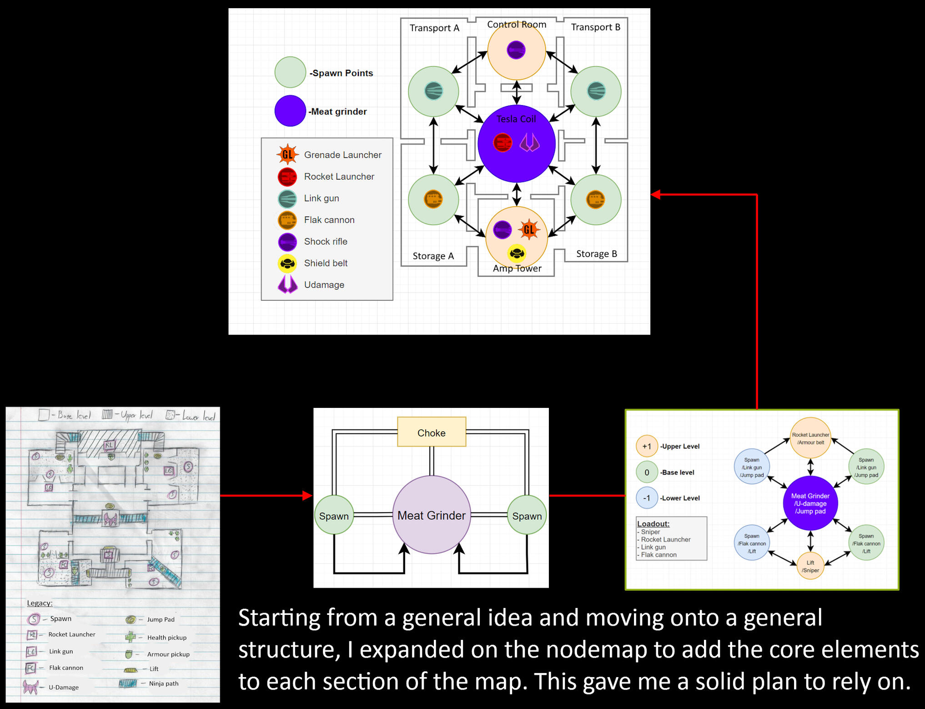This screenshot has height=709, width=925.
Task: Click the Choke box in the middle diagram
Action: tap(431, 432)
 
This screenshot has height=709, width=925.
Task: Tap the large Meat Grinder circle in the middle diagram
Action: tap(431, 515)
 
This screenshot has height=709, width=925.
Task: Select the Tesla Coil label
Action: tap(516, 119)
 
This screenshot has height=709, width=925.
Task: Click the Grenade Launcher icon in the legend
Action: tap(287, 155)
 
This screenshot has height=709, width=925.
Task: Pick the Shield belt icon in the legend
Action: tap(287, 263)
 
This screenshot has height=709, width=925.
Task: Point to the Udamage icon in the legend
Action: tap(287, 284)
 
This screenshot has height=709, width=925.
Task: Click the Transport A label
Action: tap(434, 28)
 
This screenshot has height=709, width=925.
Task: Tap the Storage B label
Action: tap(596, 254)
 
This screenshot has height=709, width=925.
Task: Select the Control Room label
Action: tap(517, 25)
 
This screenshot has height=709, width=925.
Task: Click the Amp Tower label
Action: tap(517, 268)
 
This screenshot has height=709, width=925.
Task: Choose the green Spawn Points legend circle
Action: tap(290, 72)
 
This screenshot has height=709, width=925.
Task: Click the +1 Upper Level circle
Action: tap(647, 446)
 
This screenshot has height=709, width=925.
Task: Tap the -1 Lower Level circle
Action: tap(647, 498)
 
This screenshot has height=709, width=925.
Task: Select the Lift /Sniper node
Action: tap(810, 566)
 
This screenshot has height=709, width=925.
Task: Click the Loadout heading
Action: tap(653, 523)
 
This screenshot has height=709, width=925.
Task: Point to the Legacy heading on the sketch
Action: tap(40, 603)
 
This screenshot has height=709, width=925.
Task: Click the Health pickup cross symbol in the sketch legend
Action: tap(131, 637)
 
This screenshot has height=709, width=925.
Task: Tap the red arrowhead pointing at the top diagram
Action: tap(655, 195)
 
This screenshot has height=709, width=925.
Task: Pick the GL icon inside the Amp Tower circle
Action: tap(529, 229)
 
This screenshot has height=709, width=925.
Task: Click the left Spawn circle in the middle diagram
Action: tap(334, 516)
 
